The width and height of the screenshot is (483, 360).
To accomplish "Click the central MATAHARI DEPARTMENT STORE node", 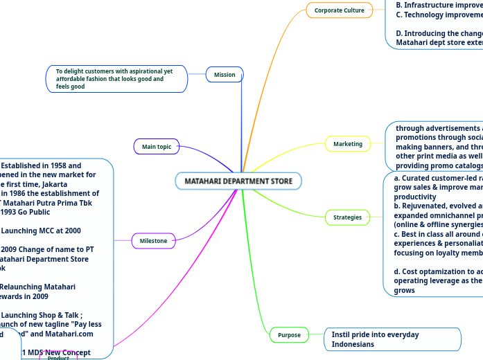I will [x=238, y=181].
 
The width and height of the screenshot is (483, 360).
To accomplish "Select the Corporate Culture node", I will [x=339, y=10].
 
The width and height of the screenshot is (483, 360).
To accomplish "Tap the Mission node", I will [x=224, y=75].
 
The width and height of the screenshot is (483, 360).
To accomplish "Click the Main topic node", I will [x=156, y=147].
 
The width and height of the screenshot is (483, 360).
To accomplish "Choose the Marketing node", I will [x=348, y=144].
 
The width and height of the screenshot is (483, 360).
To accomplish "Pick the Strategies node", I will [x=347, y=217].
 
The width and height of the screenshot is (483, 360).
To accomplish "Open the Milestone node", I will [x=153, y=241].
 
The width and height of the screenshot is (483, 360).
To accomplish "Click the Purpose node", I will [x=289, y=335].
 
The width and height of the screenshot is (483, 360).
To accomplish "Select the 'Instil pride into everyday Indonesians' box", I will [x=392, y=339].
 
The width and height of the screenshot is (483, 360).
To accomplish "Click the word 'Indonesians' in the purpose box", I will [x=353, y=344].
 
